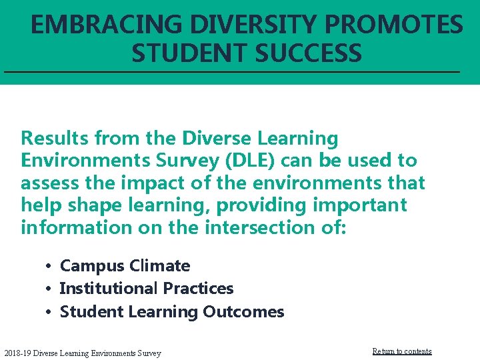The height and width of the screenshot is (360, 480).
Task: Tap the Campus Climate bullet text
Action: [125, 266]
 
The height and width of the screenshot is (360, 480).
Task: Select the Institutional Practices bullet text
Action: [147, 289]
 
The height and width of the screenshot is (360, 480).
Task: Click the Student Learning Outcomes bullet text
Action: [172, 311]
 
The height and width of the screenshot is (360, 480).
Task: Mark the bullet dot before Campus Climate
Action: [49, 267]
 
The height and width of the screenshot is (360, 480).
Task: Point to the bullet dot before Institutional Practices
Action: [49, 289]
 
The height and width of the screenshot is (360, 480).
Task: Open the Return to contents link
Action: [401, 351]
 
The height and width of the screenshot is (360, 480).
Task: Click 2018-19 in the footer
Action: [17, 353]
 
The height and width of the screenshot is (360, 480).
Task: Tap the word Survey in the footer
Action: [147, 353]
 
